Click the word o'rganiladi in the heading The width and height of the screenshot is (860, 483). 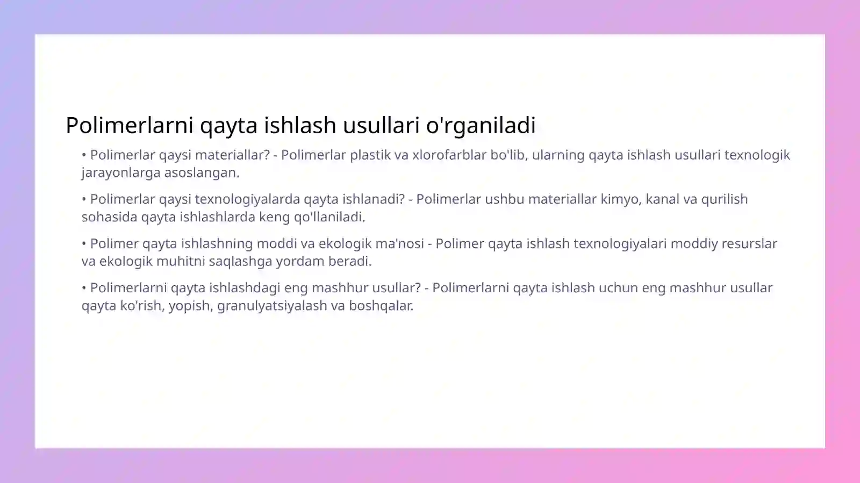tap(481, 125)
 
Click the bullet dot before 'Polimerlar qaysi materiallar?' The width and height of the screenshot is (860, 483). tap(84, 155)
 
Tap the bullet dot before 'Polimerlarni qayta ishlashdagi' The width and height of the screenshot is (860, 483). tap(84, 288)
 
